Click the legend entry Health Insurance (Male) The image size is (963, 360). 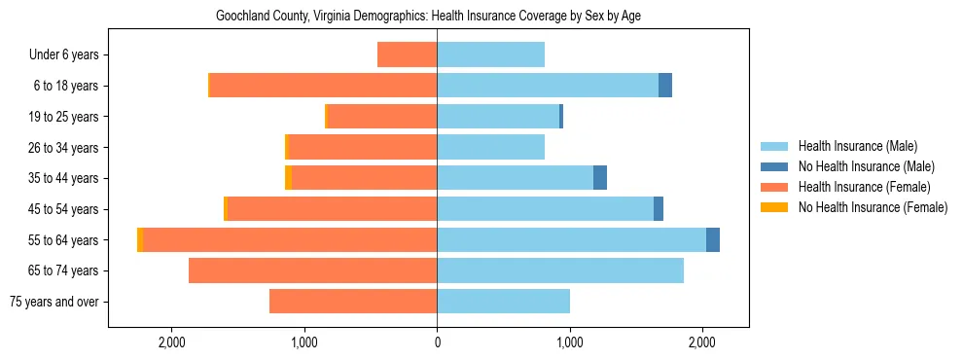pos(856,146)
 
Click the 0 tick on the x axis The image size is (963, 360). pos(437,342)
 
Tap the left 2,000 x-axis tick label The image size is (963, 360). pos(171,342)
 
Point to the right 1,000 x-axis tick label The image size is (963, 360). pos(570,342)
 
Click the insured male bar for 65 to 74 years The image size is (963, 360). pos(560,270)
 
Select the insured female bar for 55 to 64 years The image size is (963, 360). pos(290,239)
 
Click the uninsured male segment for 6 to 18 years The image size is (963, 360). pos(665,86)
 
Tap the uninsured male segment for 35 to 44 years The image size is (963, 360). pos(600,178)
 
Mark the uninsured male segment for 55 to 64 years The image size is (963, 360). pos(713,239)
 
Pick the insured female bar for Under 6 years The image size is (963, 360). pos(407,55)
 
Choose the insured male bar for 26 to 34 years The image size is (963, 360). pos(490,147)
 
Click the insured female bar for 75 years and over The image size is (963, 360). pos(353,302)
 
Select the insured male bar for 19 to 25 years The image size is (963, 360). pos(498,117)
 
